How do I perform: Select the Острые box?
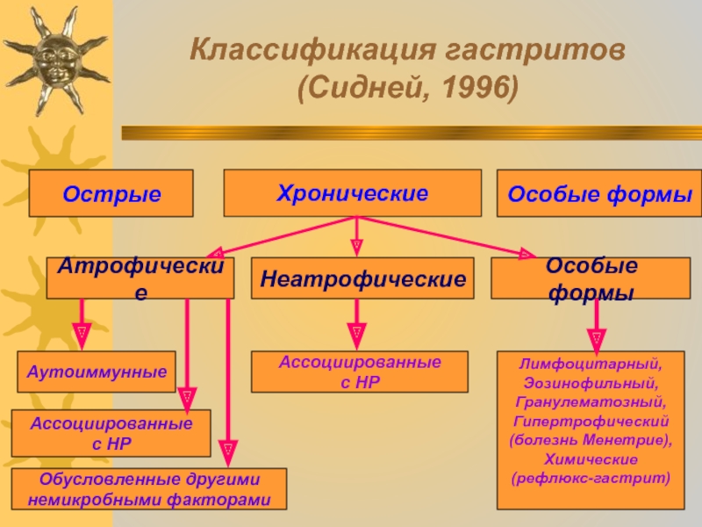tap(111, 193)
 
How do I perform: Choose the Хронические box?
tap(353, 192)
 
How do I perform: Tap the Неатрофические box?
tap(362, 279)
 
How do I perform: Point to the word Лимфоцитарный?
tap(591, 362)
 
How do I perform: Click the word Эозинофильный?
tap(591, 383)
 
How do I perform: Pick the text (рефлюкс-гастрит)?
tap(591, 480)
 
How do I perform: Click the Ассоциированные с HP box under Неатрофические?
tap(360, 372)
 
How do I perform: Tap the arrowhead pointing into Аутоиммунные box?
tap(82, 335)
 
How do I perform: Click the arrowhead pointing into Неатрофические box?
tap(356, 247)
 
